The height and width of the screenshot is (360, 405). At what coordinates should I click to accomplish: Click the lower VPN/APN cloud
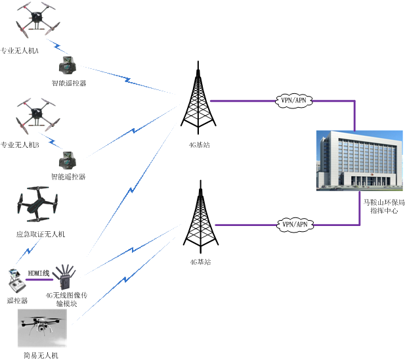294,224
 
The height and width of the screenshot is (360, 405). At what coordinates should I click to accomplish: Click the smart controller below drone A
68,66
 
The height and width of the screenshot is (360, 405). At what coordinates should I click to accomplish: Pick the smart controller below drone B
68,160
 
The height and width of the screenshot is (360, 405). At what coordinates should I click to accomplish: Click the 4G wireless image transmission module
66,279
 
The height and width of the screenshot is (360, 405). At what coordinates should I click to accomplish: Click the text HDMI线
39,273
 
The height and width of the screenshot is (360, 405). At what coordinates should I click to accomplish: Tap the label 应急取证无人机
41,234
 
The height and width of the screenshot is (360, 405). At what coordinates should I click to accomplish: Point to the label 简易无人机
41,355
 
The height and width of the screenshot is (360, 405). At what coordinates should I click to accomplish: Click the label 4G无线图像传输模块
66,300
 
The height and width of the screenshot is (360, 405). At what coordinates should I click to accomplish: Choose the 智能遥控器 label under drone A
68,83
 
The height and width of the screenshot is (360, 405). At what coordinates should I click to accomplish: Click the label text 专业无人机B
20,145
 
